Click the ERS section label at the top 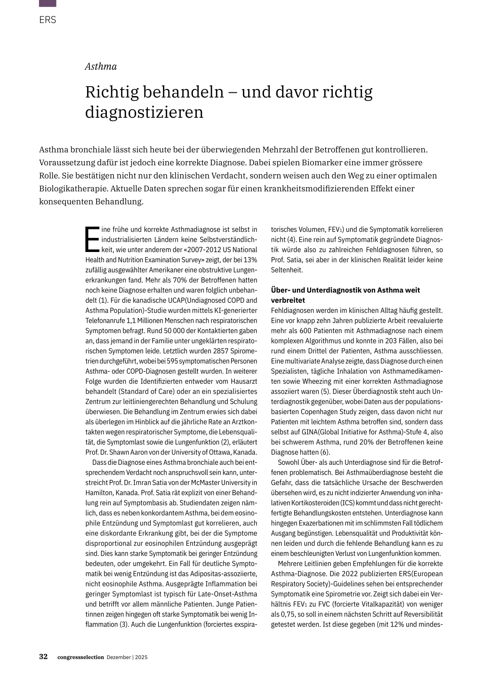[x=48, y=20]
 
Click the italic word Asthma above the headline [x=101, y=66]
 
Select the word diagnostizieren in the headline [x=144, y=112]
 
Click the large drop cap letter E [x=92, y=239]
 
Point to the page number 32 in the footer [x=43, y=657]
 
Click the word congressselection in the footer [x=80, y=657]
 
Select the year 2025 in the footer [x=141, y=657]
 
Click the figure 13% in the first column [x=250, y=260]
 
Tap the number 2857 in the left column [x=222, y=351]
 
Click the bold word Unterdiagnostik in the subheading [x=324, y=290]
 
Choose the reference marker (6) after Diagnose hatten [x=325, y=452]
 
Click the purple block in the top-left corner [x=48, y=3]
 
